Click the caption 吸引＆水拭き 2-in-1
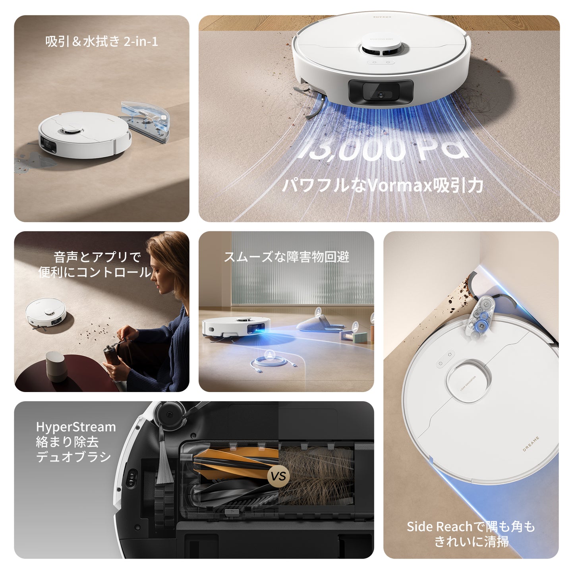coord(102,41)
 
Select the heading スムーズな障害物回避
coord(286,257)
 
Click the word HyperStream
coord(76,427)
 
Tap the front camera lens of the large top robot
coord(381,95)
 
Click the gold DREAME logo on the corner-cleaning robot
coord(531,444)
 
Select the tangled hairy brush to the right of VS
coord(318,475)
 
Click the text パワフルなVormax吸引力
coord(382,186)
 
